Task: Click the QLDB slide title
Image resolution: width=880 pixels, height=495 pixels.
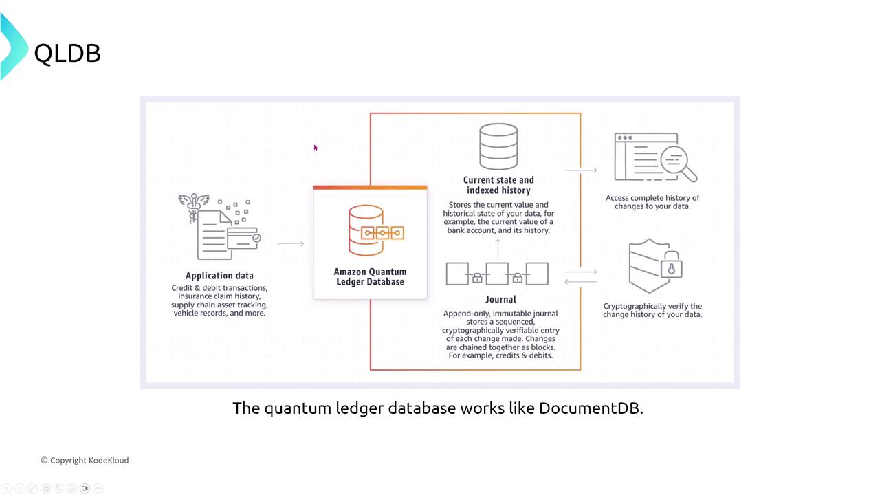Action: tap(67, 53)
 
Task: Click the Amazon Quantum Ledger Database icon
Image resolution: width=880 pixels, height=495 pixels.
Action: tap(375, 231)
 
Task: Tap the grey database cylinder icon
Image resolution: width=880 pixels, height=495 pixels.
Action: tap(498, 146)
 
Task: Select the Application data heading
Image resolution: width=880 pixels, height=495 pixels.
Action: tap(219, 276)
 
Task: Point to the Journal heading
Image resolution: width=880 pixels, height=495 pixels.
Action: tap(500, 299)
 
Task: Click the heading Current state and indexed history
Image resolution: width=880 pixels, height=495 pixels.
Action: tap(498, 185)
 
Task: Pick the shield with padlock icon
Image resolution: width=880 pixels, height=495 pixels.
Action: tap(654, 266)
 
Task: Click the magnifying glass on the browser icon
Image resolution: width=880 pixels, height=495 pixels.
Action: tap(677, 163)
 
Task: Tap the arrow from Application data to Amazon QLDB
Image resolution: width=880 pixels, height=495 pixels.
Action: tap(291, 243)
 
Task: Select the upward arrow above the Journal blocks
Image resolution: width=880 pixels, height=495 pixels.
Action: tap(498, 247)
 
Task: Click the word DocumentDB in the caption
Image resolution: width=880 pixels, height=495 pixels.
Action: tap(591, 408)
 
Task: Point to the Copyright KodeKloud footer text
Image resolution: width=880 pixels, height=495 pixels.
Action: tap(85, 460)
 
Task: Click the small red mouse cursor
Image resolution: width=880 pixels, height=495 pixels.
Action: tap(316, 148)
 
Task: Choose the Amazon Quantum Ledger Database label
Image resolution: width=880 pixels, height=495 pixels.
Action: tap(370, 276)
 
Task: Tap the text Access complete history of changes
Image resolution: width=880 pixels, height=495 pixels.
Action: tap(652, 202)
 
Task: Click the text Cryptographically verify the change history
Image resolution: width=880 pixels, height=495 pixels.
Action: tap(652, 310)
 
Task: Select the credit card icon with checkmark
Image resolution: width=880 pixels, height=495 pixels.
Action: tap(243, 238)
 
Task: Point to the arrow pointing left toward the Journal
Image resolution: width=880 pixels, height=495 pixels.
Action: tap(580, 281)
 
